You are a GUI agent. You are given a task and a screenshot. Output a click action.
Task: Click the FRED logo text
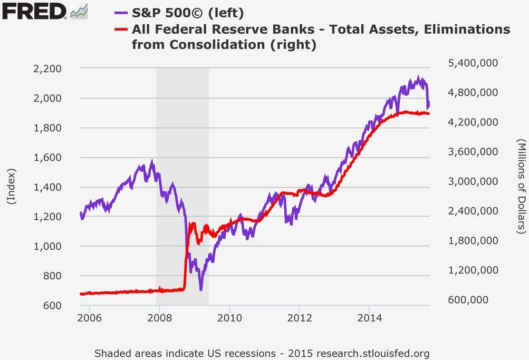pos(33,11)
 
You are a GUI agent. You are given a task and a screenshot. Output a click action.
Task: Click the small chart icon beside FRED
pos(79,11)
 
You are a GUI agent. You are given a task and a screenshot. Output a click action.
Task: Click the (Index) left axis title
pos(11,187)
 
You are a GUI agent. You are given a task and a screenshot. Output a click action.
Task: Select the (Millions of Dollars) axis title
pos(521,187)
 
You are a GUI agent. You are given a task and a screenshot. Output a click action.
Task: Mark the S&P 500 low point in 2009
pos(200,289)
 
